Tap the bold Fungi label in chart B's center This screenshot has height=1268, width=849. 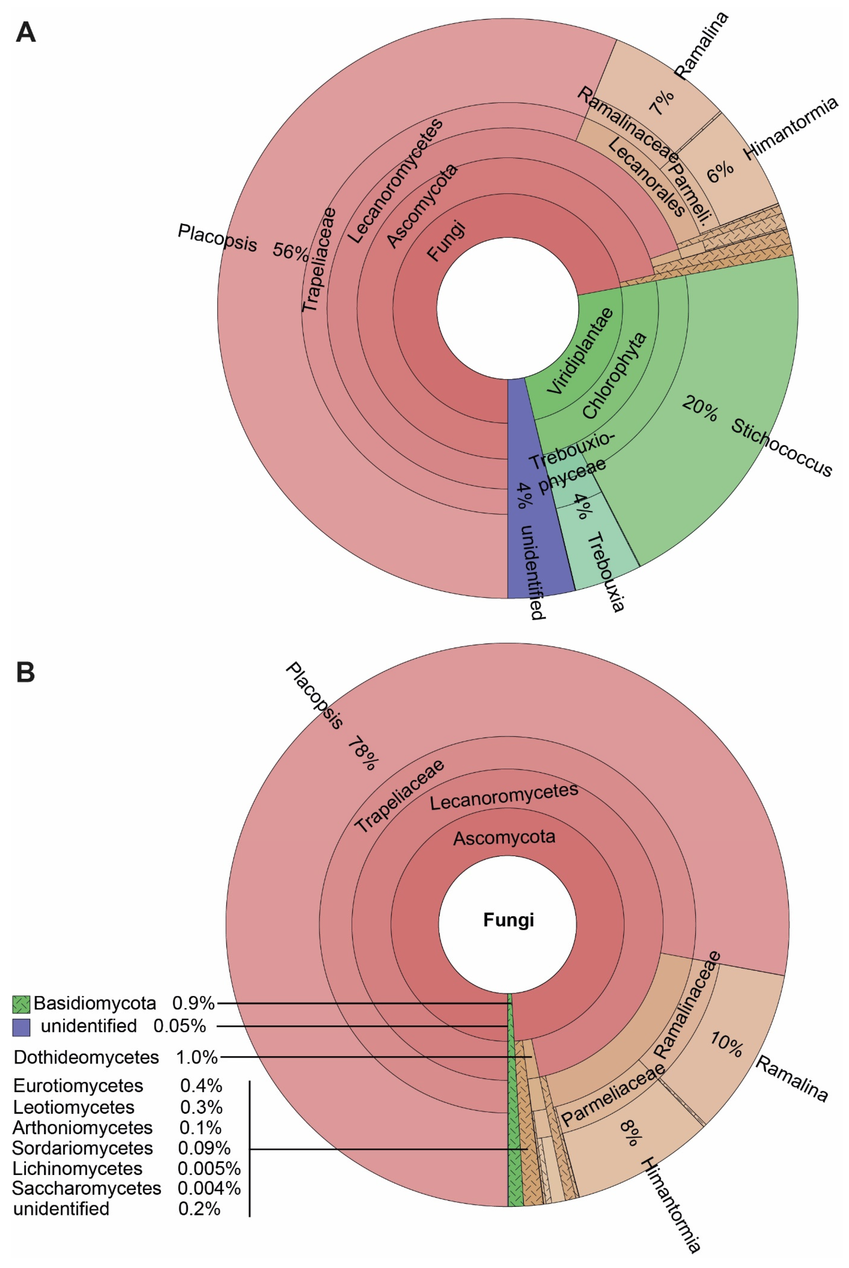coord(508,920)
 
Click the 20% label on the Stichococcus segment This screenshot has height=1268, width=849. coord(699,409)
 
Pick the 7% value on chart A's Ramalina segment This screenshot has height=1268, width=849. coord(662,102)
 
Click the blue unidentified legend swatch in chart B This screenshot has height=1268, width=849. coord(21,1027)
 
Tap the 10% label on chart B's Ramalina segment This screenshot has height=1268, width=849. coord(725,1045)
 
